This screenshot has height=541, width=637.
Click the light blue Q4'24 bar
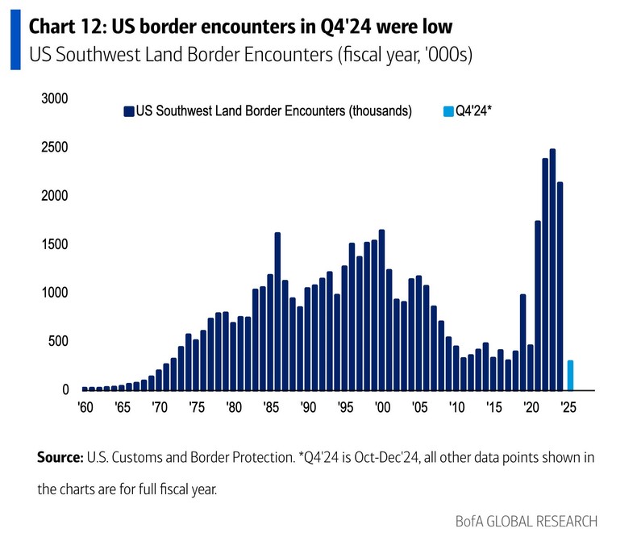tap(571, 375)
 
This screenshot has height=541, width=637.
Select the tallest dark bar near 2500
tap(552, 269)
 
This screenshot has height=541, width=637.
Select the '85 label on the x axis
tap(269, 407)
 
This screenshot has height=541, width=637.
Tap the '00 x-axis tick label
tap(381, 407)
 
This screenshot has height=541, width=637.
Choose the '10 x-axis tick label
tap(456, 407)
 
